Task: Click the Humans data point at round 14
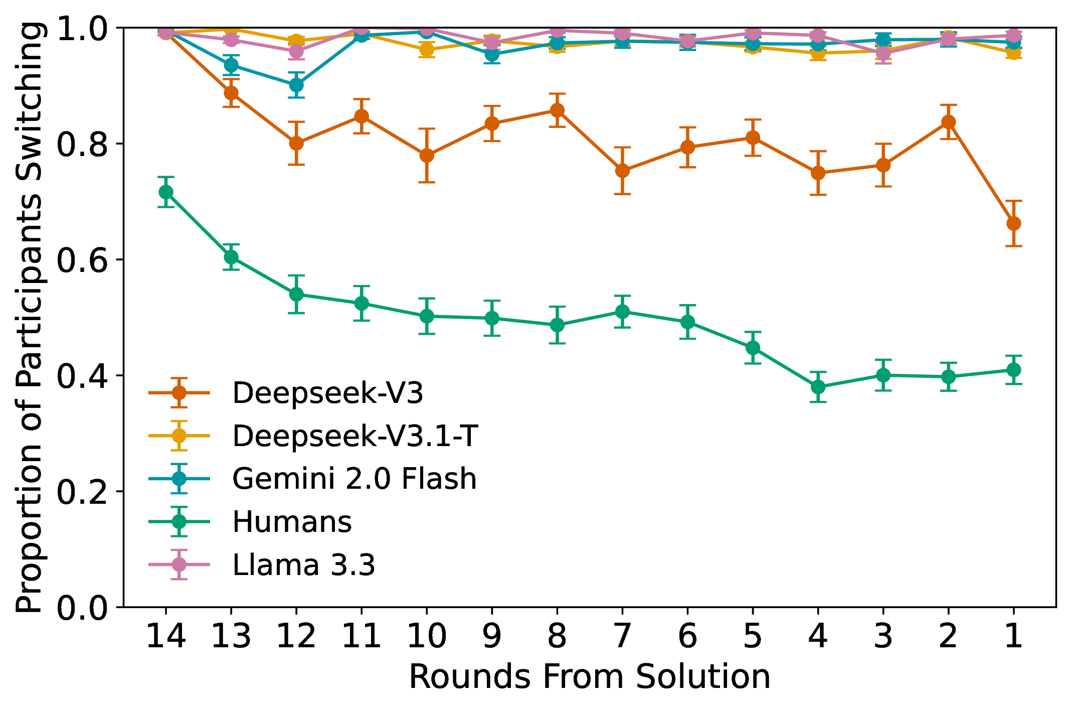point(166,192)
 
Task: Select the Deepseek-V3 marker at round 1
point(1013,223)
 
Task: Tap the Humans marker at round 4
point(818,387)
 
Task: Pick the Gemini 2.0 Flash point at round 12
point(296,85)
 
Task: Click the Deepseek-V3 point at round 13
point(231,93)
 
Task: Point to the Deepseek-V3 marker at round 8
point(557,110)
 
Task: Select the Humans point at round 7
point(622,312)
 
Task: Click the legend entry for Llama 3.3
point(303,565)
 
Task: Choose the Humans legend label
point(292,522)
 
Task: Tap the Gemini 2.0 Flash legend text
point(354,478)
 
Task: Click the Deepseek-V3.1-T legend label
point(355,436)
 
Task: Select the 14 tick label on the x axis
point(166,636)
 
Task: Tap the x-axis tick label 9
point(492,636)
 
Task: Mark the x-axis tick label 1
point(1013,636)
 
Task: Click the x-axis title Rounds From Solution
point(589,677)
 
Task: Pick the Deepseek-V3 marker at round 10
point(427,155)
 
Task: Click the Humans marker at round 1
point(1013,370)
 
